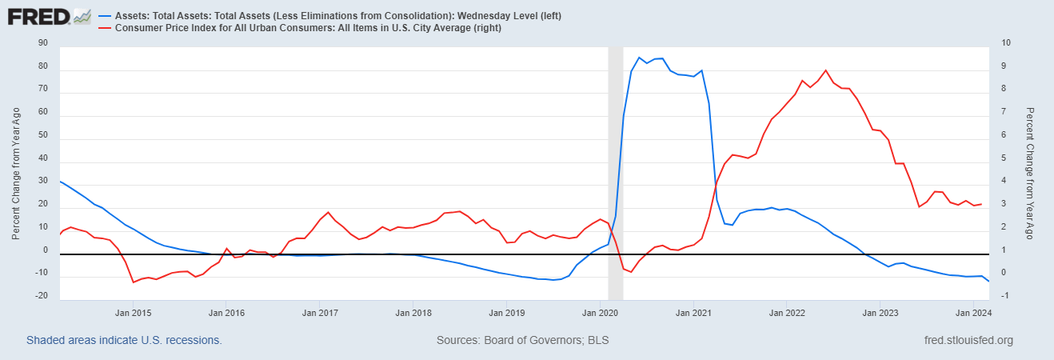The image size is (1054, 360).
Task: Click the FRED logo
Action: (49, 17)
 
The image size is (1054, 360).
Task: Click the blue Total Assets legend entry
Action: (329, 15)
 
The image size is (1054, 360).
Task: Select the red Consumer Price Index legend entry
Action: (300, 28)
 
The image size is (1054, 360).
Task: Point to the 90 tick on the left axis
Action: (43, 43)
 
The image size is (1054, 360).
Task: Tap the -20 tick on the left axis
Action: (42, 295)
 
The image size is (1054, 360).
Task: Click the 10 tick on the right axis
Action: (1006, 43)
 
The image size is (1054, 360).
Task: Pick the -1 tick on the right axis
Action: (1004, 295)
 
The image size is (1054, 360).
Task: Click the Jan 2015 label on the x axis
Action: (134, 313)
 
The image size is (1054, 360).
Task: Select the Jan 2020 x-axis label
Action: (600, 313)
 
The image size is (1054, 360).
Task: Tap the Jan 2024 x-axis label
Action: (973, 313)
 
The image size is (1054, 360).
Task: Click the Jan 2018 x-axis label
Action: (413, 313)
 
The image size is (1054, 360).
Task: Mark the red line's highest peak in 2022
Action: (826, 70)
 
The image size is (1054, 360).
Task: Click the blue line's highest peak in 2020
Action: (638, 58)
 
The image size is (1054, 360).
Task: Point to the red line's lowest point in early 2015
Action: (134, 282)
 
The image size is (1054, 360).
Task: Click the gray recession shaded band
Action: (616, 173)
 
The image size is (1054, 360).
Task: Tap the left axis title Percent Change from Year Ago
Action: (16, 174)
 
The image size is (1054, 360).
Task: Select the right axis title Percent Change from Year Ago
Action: (1030, 174)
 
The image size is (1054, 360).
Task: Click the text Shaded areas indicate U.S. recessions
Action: (124, 340)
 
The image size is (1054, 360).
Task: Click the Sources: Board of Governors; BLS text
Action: (523, 340)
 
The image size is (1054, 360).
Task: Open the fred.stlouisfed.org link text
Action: (969, 340)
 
